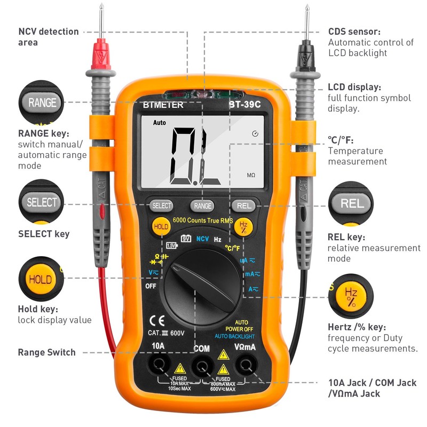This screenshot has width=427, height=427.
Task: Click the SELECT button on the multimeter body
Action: [x=161, y=205]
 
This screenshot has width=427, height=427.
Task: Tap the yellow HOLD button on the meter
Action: [x=161, y=226]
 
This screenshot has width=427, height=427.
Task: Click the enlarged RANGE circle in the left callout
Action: [x=42, y=102]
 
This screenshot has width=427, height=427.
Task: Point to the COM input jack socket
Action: [x=202, y=366]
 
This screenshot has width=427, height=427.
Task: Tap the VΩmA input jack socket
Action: [x=246, y=365]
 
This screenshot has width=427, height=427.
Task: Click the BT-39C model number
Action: [x=245, y=105]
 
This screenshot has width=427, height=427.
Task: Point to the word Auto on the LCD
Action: [x=160, y=122]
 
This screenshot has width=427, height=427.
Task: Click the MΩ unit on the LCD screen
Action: [x=251, y=175]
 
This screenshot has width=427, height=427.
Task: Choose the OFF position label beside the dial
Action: [x=151, y=286]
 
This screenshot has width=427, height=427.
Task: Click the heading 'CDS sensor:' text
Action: [x=354, y=31]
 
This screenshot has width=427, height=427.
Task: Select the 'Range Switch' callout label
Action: [x=47, y=352]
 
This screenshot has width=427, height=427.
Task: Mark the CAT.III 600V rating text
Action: [x=166, y=333]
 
